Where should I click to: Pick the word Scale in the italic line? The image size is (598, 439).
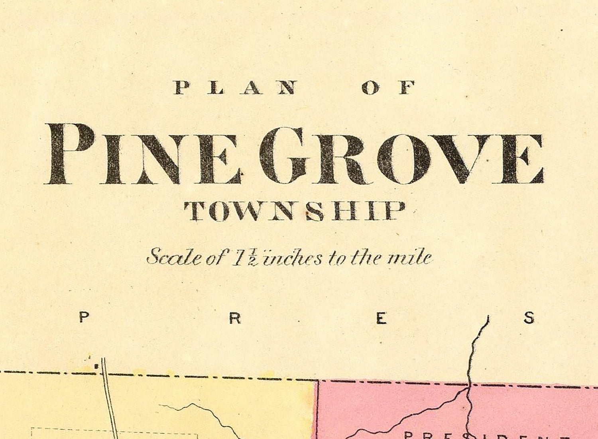(174, 258)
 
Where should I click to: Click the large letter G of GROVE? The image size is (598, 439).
(283, 154)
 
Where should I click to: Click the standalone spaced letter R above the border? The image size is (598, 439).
(236, 318)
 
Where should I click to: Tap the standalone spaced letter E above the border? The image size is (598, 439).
(382, 318)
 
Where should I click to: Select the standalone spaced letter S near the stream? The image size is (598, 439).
(529, 318)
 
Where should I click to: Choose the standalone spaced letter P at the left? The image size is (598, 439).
(84, 318)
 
